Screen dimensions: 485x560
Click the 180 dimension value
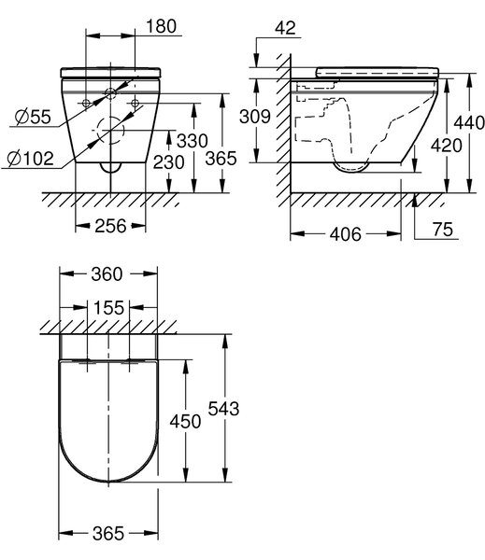pyautogui.click(x=162, y=26)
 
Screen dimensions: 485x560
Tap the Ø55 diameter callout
pyautogui.click(x=33, y=117)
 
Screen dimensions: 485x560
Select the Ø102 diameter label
pyautogui.click(x=31, y=159)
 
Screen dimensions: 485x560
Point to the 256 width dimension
pyautogui.click(x=110, y=226)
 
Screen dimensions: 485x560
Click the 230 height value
pyautogui.click(x=169, y=162)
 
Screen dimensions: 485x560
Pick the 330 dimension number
pyautogui.click(x=193, y=141)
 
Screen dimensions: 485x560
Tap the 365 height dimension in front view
pyautogui.click(x=221, y=159)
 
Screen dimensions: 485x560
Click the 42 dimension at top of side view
pyautogui.click(x=285, y=28)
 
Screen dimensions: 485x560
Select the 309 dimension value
pyautogui.click(x=255, y=117)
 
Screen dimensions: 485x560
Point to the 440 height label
pyautogui.click(x=469, y=122)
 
